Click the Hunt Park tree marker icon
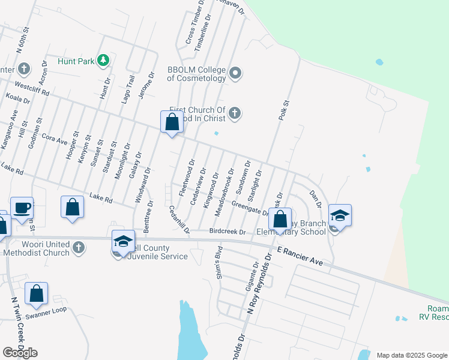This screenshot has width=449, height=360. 104,61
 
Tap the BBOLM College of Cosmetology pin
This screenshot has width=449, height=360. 235,74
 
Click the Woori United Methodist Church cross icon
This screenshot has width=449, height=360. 78,247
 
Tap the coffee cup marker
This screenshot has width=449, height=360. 22,208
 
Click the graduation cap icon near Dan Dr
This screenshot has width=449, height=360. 340,215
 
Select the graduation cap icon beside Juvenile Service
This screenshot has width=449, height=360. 122,241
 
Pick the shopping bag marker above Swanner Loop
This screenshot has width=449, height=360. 37,293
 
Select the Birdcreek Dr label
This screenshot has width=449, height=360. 228,232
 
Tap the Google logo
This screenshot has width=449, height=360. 20,352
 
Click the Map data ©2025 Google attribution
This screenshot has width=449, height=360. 411,355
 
